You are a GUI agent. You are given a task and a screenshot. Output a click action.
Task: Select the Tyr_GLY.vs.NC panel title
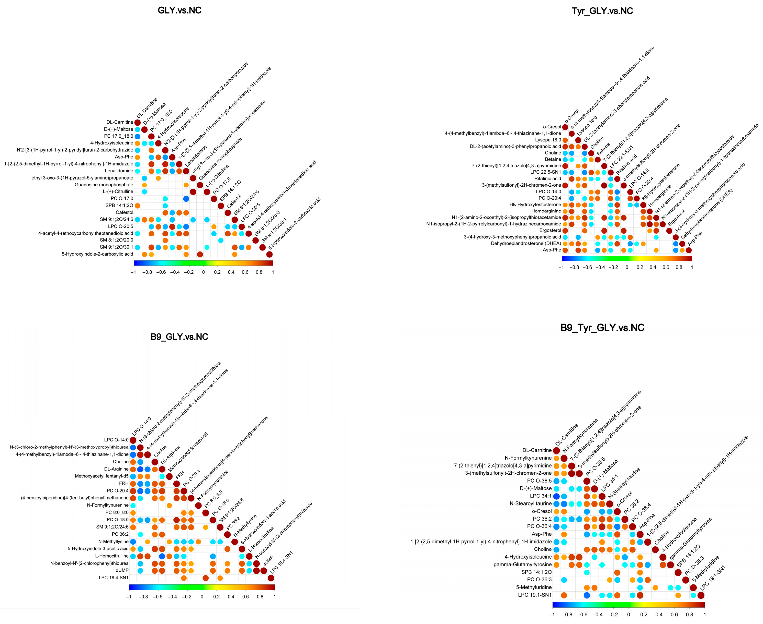click(602, 11)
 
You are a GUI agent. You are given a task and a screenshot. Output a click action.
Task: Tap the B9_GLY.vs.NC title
click(179, 337)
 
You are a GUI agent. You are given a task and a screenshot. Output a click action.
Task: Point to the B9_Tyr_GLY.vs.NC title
click(602, 328)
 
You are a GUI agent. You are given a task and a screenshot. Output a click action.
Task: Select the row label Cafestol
click(124, 212)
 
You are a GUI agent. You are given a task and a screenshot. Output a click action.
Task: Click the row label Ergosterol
click(550, 230)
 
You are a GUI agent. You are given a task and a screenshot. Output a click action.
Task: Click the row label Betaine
click(553, 159)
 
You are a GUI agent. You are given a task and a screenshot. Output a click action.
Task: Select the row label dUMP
click(122, 570)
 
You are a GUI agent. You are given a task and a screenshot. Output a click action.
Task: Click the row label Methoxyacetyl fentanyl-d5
click(102, 476)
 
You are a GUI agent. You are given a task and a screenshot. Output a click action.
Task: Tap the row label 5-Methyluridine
click(534, 587)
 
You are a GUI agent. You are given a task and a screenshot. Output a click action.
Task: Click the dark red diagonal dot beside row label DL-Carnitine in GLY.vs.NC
click(138, 123)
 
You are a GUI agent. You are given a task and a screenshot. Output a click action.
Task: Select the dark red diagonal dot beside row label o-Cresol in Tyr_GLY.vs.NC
click(565, 127)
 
